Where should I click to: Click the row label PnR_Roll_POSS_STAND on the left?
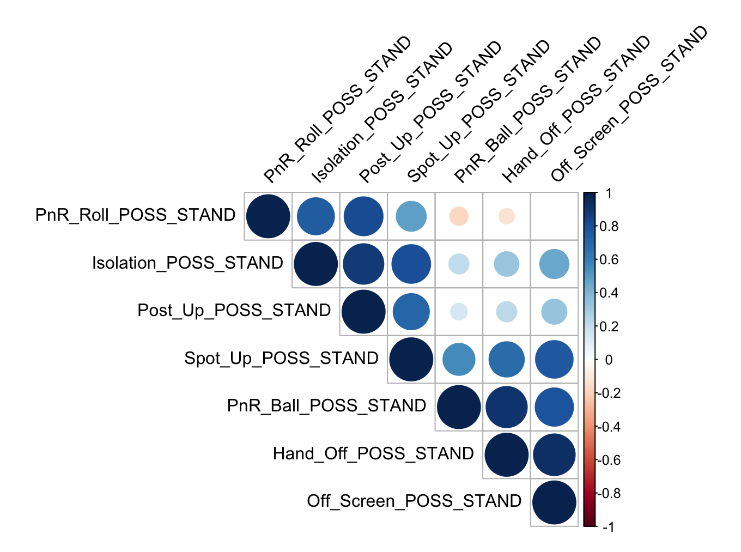pyautogui.click(x=135, y=215)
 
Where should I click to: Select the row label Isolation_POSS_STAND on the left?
pyautogui.click(x=187, y=263)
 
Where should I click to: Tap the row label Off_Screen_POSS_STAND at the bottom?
pyautogui.click(x=414, y=501)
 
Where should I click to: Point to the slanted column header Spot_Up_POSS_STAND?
pyautogui.click(x=478, y=112)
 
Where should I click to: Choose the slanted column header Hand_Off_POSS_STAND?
pyautogui.click(x=575, y=110)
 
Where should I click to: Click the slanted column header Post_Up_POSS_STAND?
pyautogui.click(x=430, y=112)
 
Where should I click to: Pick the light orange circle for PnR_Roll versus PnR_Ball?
pyautogui.click(x=459, y=216)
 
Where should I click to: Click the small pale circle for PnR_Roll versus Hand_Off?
pyautogui.click(x=507, y=216)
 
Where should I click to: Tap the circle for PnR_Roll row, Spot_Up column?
pyautogui.click(x=411, y=216)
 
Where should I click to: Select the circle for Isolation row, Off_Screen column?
pyautogui.click(x=554, y=264)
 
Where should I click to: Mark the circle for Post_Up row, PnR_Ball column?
pyautogui.click(x=459, y=312)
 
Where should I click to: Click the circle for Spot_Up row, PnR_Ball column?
pyautogui.click(x=459, y=360)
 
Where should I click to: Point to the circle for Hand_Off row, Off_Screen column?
pyautogui.click(x=554, y=455)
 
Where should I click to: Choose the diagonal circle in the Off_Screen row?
pyautogui.click(x=554, y=503)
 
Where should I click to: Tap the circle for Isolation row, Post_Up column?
pyautogui.click(x=363, y=264)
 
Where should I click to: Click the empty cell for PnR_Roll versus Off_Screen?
pyautogui.click(x=554, y=216)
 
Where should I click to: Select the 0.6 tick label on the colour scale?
pyautogui.click(x=609, y=259)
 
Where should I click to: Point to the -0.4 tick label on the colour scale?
pyautogui.click(x=609, y=427)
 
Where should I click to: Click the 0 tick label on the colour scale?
pyautogui.click(x=609, y=360)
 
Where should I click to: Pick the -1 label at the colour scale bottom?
pyautogui.click(x=608, y=527)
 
